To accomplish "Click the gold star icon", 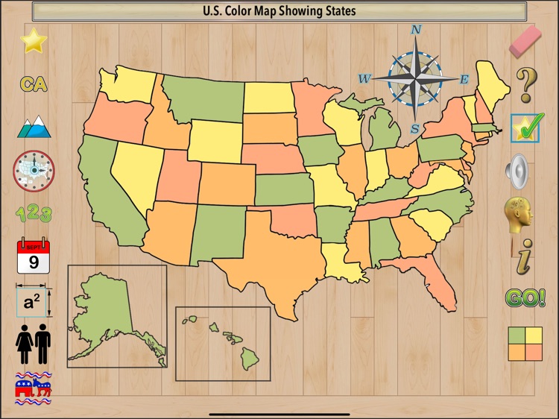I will click(34, 41).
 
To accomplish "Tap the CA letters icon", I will click(34, 84).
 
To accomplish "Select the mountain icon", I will click(34, 127).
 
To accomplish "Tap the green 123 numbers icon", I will click(34, 215).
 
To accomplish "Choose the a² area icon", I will click(34, 302).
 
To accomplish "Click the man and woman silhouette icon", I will click(34, 347).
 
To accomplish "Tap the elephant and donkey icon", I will click(34, 388).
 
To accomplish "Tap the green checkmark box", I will click(526, 128).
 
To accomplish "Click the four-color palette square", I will click(525, 344).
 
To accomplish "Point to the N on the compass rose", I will click(417, 31).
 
